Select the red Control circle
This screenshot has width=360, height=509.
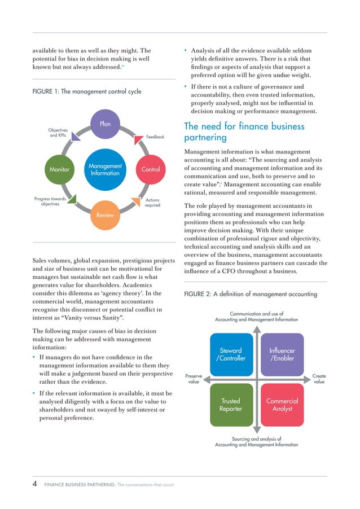(x=151, y=169)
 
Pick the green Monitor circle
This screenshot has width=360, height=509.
(x=59, y=169)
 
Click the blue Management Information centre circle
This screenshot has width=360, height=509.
(x=105, y=169)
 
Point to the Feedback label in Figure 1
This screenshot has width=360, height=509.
(x=155, y=137)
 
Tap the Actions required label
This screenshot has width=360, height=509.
(x=152, y=203)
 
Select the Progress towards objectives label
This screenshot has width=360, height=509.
(x=50, y=201)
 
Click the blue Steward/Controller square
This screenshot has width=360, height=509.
(x=230, y=355)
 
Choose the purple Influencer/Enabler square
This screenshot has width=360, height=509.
(x=282, y=355)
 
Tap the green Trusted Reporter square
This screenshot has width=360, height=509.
(x=230, y=405)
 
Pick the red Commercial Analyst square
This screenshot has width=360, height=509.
(x=282, y=405)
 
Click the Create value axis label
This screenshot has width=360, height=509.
(x=319, y=379)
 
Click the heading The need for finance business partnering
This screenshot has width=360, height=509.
(x=244, y=132)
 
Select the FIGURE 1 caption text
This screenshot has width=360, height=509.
(x=86, y=91)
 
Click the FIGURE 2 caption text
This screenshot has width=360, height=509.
(x=251, y=294)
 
